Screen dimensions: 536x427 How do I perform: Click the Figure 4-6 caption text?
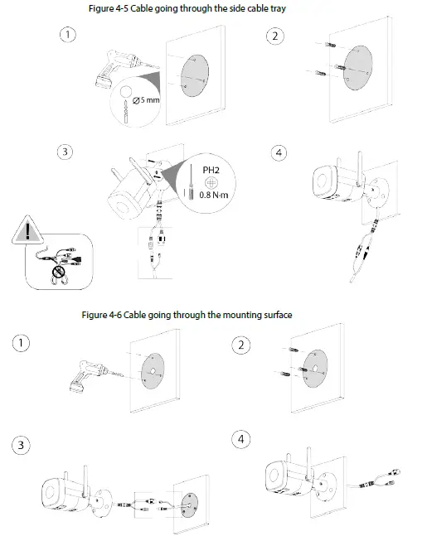(187, 315)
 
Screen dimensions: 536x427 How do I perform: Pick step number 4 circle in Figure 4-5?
(279, 152)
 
